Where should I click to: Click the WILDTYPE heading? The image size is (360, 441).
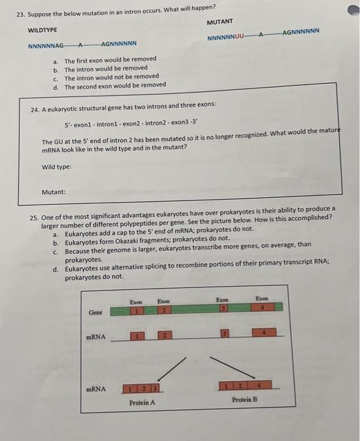[x=42, y=30]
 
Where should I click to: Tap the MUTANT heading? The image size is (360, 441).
[x=219, y=21]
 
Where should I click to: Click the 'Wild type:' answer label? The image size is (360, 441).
[x=56, y=167]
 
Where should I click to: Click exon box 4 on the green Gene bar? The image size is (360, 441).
[x=262, y=309]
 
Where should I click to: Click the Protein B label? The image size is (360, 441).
[x=244, y=400]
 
